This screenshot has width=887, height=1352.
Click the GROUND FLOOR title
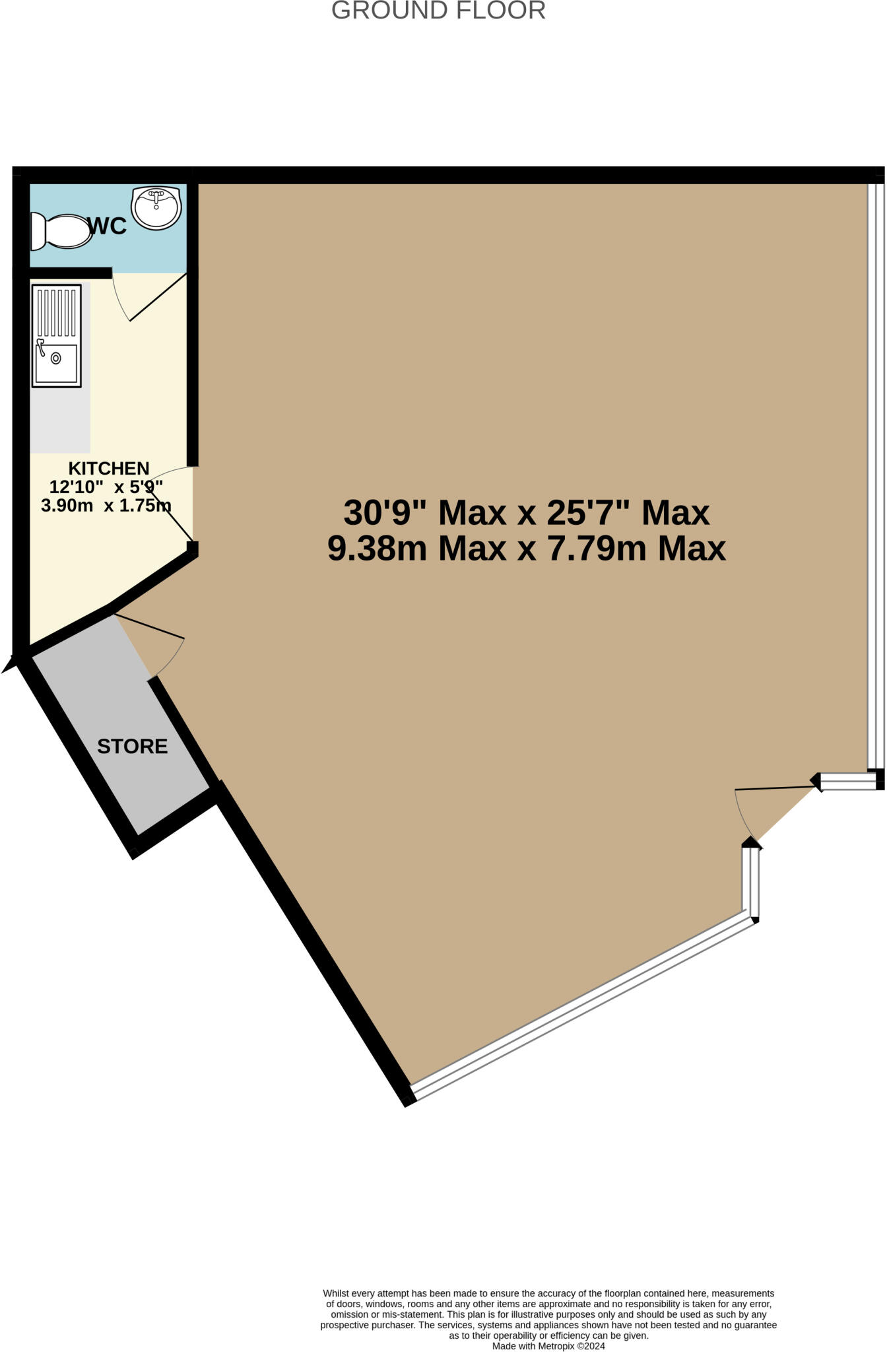tap(438, 11)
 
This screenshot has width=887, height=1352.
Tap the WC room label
tap(107, 226)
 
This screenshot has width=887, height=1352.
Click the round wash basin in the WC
tap(156, 207)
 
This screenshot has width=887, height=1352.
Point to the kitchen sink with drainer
tap(57, 335)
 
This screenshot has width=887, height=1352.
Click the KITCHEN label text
tap(109, 468)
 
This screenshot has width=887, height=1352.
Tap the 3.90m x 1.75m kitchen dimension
tap(106, 506)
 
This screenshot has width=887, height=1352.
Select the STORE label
tap(132, 746)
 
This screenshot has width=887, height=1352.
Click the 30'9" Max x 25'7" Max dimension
tap(526, 512)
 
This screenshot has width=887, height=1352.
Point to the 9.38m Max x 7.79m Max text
tap(526, 548)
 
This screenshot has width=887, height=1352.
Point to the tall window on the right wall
tap(875, 475)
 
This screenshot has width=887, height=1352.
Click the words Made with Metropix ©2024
tap(548, 1345)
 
